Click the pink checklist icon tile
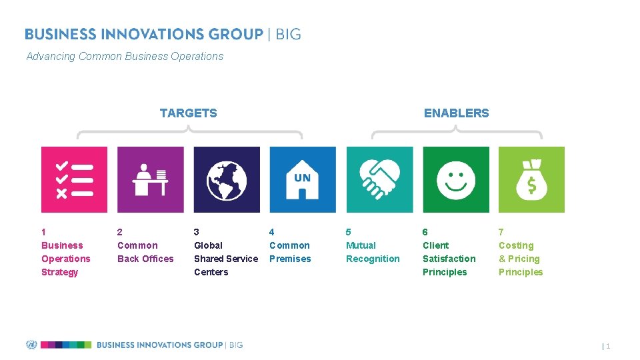(74, 179)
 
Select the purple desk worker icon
(150, 179)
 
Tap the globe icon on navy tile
(227, 179)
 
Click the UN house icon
(302, 179)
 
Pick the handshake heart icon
(379, 179)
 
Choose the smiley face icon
(456, 179)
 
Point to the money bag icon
(531, 179)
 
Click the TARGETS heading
(188, 113)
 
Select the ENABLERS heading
(456, 113)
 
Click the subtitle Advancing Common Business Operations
(125, 57)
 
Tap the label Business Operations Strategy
(65, 259)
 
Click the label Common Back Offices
(145, 252)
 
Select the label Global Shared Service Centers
(225, 259)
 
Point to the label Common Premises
(290, 252)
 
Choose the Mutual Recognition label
(373, 252)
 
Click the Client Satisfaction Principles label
(449, 259)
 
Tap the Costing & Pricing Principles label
(520, 259)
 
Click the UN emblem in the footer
(31, 345)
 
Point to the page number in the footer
(607, 346)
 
